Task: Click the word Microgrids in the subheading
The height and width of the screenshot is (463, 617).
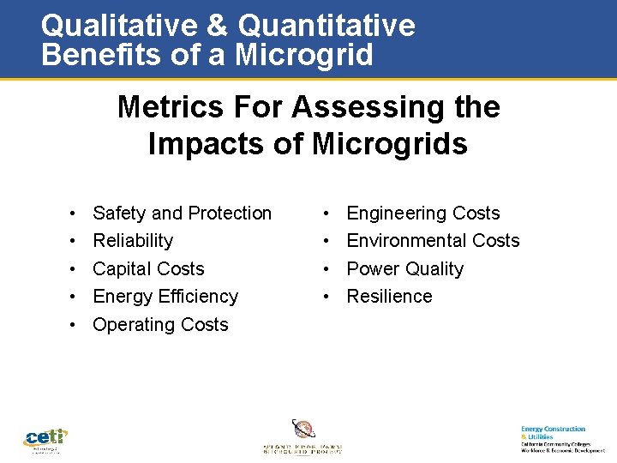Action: click(390, 143)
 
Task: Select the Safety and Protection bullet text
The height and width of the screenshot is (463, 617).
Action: click(182, 213)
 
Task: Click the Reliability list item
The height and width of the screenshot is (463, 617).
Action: click(133, 241)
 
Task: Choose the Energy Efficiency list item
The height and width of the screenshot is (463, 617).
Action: click(165, 297)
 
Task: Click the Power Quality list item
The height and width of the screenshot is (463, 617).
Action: click(404, 269)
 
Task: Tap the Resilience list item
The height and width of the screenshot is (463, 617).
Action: click(389, 297)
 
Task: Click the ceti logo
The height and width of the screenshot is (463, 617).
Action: click(45, 439)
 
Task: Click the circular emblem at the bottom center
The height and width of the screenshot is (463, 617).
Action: click(303, 430)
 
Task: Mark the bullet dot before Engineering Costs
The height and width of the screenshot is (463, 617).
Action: click(328, 213)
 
